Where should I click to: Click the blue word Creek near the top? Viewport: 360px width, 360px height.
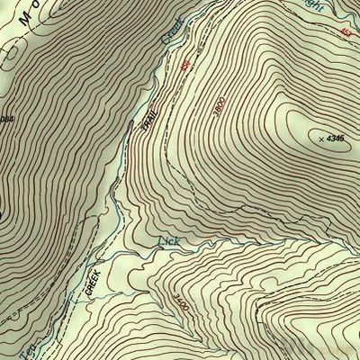(x=172, y=32)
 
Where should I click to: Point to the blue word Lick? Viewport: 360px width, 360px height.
(x=169, y=242)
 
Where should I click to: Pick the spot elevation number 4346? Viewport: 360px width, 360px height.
(x=337, y=138)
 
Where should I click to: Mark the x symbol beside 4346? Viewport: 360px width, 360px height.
(x=321, y=139)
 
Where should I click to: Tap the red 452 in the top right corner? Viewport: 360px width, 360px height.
(x=346, y=33)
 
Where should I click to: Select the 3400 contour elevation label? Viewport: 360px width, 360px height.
(x=182, y=306)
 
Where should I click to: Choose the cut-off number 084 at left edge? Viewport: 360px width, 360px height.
(x=7, y=120)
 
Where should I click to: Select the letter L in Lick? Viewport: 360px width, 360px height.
(x=162, y=241)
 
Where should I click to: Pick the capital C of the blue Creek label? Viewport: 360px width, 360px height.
(x=166, y=41)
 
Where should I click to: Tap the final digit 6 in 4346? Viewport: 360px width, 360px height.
(x=344, y=138)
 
